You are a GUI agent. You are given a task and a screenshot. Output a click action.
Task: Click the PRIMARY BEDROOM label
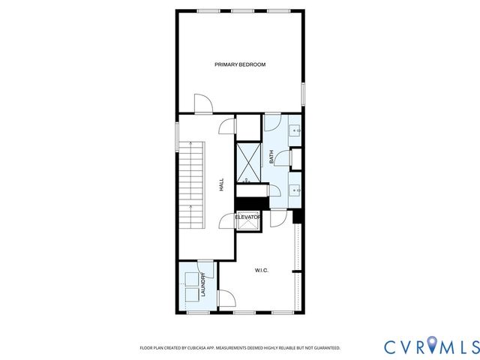tap(240, 64)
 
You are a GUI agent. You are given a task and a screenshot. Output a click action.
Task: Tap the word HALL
tap(221, 184)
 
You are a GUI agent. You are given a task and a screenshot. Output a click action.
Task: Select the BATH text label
tap(271, 157)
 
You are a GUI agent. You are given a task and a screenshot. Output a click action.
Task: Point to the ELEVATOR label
tap(247, 217)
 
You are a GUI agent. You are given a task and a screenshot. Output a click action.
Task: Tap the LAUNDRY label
tap(202, 286)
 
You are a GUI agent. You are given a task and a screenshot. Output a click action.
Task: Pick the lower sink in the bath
tap(296, 190)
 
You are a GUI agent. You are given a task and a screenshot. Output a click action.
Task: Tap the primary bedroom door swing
tap(202, 103)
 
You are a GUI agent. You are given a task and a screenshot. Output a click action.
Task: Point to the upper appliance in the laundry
tap(191, 278)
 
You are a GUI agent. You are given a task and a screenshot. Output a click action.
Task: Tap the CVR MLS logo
tap(430, 346)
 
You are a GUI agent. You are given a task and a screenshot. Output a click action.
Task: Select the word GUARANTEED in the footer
tap(325, 348)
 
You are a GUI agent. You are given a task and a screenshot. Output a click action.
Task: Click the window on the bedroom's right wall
tap(303, 93)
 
